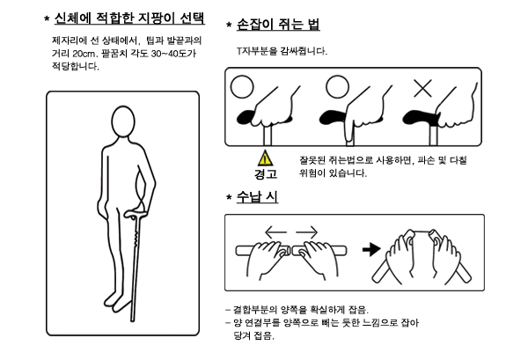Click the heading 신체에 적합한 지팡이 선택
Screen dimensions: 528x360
tap(129, 18)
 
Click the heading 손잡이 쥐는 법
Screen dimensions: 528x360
tap(278, 24)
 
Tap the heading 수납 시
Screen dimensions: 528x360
tap(257, 196)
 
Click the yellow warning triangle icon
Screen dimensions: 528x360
tap(266, 158)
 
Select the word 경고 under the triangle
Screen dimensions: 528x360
tap(266, 173)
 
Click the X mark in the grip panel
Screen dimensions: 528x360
tap(422, 88)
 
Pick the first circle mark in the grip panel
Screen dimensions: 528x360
tap(242, 86)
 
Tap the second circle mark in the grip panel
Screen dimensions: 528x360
tap(337, 86)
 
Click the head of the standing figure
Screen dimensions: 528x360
tap(123, 121)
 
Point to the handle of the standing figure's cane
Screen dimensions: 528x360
tap(136, 214)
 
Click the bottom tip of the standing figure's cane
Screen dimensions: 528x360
tap(132, 320)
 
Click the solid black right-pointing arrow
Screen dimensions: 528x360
tap(371, 250)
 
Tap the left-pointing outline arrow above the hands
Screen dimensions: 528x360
tap(275, 232)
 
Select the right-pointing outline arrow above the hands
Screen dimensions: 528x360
tap(307, 232)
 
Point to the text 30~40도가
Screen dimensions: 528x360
tap(173, 54)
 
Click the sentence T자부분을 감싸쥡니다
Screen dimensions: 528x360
tap(282, 51)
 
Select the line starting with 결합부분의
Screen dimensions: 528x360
tap(297, 310)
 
